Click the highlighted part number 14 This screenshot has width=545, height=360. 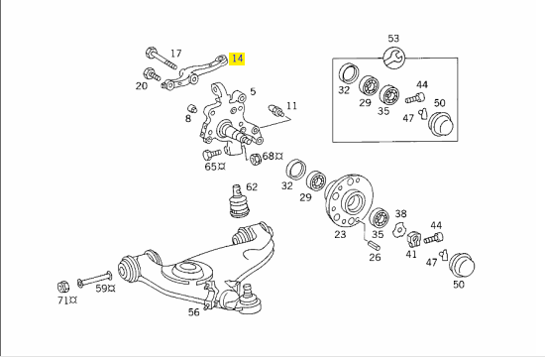237,59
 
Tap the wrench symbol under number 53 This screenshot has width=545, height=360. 393,58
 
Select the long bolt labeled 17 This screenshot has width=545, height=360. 161,58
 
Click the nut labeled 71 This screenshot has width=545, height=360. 62,287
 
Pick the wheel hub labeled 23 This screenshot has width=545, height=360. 349,200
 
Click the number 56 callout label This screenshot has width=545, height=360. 194,312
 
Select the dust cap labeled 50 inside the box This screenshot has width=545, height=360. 441,124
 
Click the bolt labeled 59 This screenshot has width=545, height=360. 94,279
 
